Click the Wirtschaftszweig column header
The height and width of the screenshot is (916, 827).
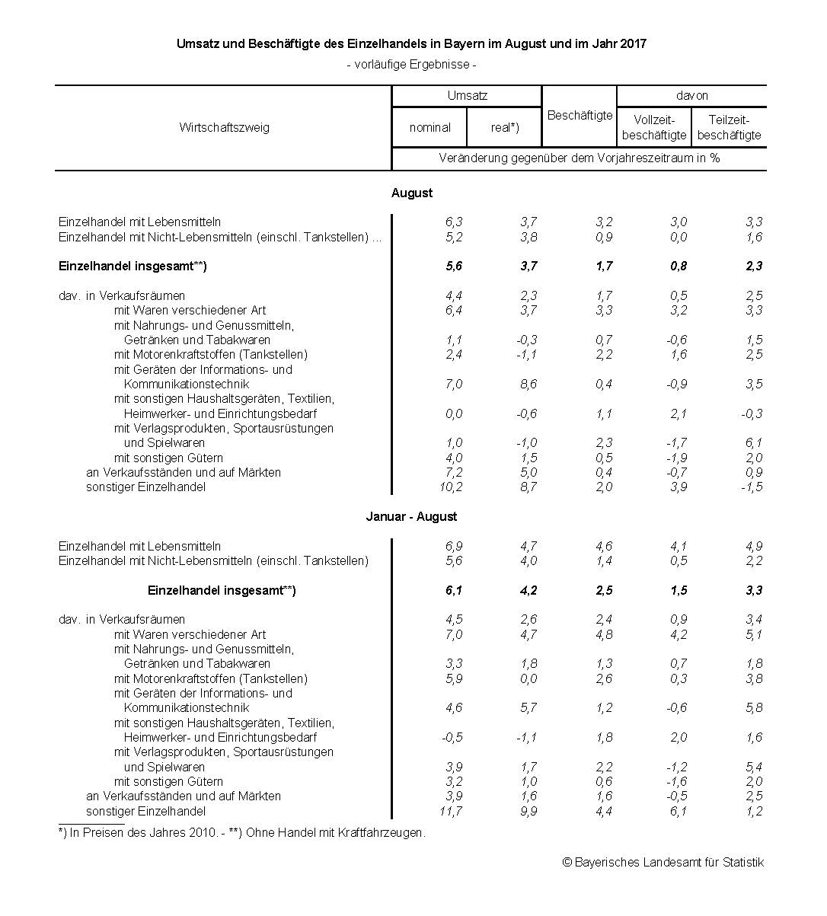224,127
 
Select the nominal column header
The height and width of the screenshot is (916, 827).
429,127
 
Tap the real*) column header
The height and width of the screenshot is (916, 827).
504,127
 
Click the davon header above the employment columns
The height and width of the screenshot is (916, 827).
691,96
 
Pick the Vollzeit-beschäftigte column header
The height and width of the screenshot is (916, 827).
654,127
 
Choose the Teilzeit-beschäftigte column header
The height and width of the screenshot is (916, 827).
729,127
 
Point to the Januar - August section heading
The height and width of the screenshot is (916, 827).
411,516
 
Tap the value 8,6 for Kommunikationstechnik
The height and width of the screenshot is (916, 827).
528,384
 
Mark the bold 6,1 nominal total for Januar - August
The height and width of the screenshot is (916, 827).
453,590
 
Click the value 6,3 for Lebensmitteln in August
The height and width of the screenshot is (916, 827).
453,222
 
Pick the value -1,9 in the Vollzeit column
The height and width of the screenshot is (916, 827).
676,458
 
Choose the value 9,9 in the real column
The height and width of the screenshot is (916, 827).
528,811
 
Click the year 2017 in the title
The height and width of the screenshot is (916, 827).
632,43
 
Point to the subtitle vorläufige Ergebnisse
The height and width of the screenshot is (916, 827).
411,65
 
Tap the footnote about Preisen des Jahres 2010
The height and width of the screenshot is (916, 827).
242,832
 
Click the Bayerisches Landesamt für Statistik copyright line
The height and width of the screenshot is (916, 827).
663,862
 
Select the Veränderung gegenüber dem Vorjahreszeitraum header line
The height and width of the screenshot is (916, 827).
579,158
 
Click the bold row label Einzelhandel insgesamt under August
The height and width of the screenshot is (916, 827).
133,267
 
